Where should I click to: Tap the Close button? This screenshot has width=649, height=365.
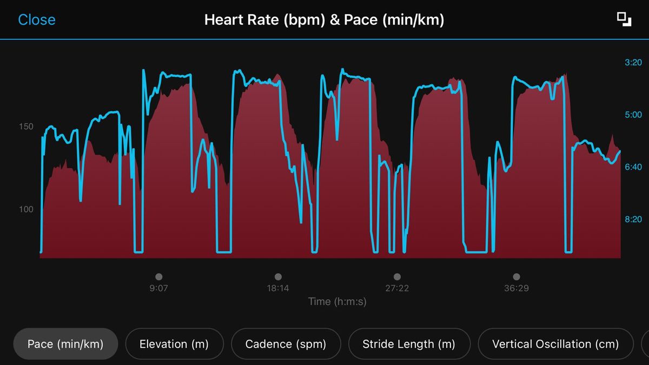click(37, 20)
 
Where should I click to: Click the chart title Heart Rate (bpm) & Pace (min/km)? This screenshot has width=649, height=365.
click(324, 20)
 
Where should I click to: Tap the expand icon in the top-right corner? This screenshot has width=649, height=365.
click(624, 19)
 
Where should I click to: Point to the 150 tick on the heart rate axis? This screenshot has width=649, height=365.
click(26, 127)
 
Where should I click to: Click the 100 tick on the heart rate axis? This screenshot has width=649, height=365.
click(26, 209)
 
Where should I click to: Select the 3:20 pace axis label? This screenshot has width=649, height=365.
click(633, 63)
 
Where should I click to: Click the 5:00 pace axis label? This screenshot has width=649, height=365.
click(633, 115)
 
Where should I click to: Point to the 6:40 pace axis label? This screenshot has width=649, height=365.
click(633, 167)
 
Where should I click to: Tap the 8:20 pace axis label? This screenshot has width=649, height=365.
click(633, 219)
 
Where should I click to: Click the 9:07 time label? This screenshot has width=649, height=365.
click(158, 288)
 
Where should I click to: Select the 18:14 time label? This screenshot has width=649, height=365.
click(278, 288)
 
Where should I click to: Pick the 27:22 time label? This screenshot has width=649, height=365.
click(397, 288)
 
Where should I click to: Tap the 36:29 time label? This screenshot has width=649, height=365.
click(516, 288)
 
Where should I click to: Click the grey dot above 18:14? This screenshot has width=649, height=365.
click(278, 277)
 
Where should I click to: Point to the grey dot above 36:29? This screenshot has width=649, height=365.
click(516, 277)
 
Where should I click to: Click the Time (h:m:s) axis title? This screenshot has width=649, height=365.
click(337, 302)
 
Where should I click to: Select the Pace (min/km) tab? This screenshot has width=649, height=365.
click(65, 344)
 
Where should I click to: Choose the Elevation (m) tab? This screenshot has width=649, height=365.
click(174, 344)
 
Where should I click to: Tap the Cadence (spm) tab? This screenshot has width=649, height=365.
click(286, 344)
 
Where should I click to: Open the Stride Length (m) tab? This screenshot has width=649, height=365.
click(409, 344)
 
